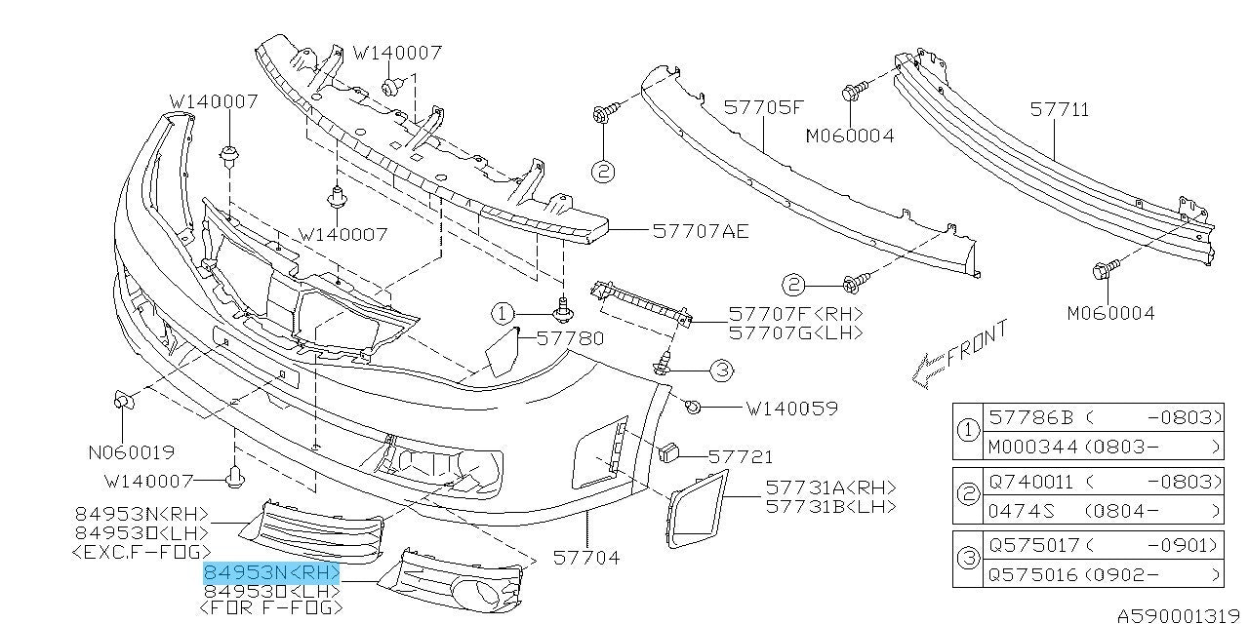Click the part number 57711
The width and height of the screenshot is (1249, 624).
(1061, 109)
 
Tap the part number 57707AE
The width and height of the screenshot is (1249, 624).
(701, 231)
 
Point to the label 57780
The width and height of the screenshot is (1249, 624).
(571, 338)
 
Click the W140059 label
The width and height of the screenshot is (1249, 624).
(791, 409)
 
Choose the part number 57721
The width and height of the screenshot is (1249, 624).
(741, 455)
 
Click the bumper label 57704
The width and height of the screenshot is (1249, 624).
(586, 559)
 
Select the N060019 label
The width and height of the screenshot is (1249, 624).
(131, 452)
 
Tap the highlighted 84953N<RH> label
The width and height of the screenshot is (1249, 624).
(271, 572)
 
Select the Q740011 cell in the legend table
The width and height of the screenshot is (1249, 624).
(1031, 482)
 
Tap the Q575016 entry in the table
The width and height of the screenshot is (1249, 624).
(1031, 573)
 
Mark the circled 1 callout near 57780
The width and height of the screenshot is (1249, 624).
(502, 313)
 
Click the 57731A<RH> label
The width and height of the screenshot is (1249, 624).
(829, 487)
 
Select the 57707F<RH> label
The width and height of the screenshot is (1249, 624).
(795, 315)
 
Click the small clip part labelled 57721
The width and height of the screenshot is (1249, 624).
(669, 451)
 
